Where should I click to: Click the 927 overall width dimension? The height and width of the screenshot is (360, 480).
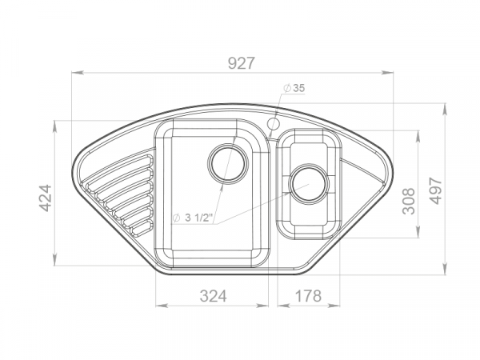pyautogui.click(x=242, y=63)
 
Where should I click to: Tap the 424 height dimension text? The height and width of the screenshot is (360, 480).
pyautogui.click(x=46, y=198)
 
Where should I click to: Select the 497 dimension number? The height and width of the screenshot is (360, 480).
pyautogui.click(x=436, y=190)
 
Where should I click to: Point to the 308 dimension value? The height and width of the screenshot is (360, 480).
pyautogui.click(x=409, y=201)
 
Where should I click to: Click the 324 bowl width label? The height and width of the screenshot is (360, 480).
pyautogui.click(x=214, y=296)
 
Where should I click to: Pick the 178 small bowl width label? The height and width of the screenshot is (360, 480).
pyautogui.click(x=308, y=296)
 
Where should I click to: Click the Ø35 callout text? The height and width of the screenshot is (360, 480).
pyautogui.click(x=294, y=88)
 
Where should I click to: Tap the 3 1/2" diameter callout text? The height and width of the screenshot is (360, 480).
pyautogui.click(x=193, y=218)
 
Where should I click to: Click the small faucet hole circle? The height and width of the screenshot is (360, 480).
pyautogui.click(x=274, y=124)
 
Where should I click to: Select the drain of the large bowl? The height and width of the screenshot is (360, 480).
pyautogui.click(x=228, y=164)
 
